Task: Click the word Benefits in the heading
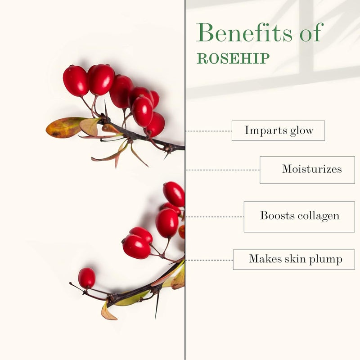tap(244, 32)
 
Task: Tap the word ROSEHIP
tap(233, 58)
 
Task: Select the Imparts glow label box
tap(278, 130)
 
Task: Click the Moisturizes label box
tap(307, 170)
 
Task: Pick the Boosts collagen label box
tap(299, 217)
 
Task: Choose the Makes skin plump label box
tap(294, 260)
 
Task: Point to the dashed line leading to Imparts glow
tap(208, 131)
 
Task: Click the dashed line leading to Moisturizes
tap(222, 170)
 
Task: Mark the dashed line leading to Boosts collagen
tap(215, 217)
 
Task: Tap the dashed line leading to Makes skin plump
tap(209, 260)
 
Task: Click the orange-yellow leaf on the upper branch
tap(64, 127)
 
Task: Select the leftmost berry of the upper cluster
tap(76, 81)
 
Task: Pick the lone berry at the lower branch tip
tap(87, 278)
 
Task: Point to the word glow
tap(301, 131)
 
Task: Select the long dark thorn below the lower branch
tap(157, 306)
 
